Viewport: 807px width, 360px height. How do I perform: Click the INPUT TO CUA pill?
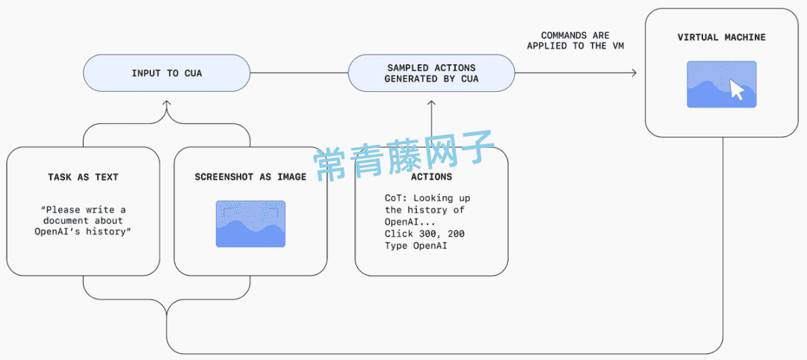pyautogui.click(x=167, y=73)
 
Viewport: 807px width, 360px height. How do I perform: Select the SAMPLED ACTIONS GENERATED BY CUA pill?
pyautogui.click(x=431, y=73)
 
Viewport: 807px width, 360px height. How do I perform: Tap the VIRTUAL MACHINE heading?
pyautogui.click(x=721, y=37)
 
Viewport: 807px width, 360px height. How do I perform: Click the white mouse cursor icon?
pyautogui.click(x=737, y=89)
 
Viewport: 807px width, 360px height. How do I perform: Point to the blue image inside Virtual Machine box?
pyautogui.click(x=722, y=84)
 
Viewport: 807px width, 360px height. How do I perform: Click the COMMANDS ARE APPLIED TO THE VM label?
pyautogui.click(x=575, y=40)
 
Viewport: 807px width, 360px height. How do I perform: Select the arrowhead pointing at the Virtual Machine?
pyautogui.click(x=634, y=73)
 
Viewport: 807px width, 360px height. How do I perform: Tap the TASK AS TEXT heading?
pyautogui.click(x=83, y=177)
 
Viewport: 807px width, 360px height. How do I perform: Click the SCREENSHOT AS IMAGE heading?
pyautogui.click(x=250, y=177)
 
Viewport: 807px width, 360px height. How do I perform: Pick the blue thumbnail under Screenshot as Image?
pyautogui.click(x=250, y=224)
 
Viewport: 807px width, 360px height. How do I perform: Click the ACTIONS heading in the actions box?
pyautogui.click(x=431, y=177)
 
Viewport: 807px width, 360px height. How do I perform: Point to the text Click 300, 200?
pyautogui.click(x=424, y=234)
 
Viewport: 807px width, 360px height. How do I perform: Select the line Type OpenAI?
pyautogui.click(x=416, y=246)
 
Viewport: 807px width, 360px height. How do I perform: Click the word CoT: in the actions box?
pyautogui.click(x=396, y=198)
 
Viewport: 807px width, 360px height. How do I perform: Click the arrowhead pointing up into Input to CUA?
pyautogui.click(x=166, y=103)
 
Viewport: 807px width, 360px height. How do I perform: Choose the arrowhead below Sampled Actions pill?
pyautogui.click(x=431, y=103)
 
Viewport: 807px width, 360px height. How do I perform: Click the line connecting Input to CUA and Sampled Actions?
pyautogui.click(x=299, y=73)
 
